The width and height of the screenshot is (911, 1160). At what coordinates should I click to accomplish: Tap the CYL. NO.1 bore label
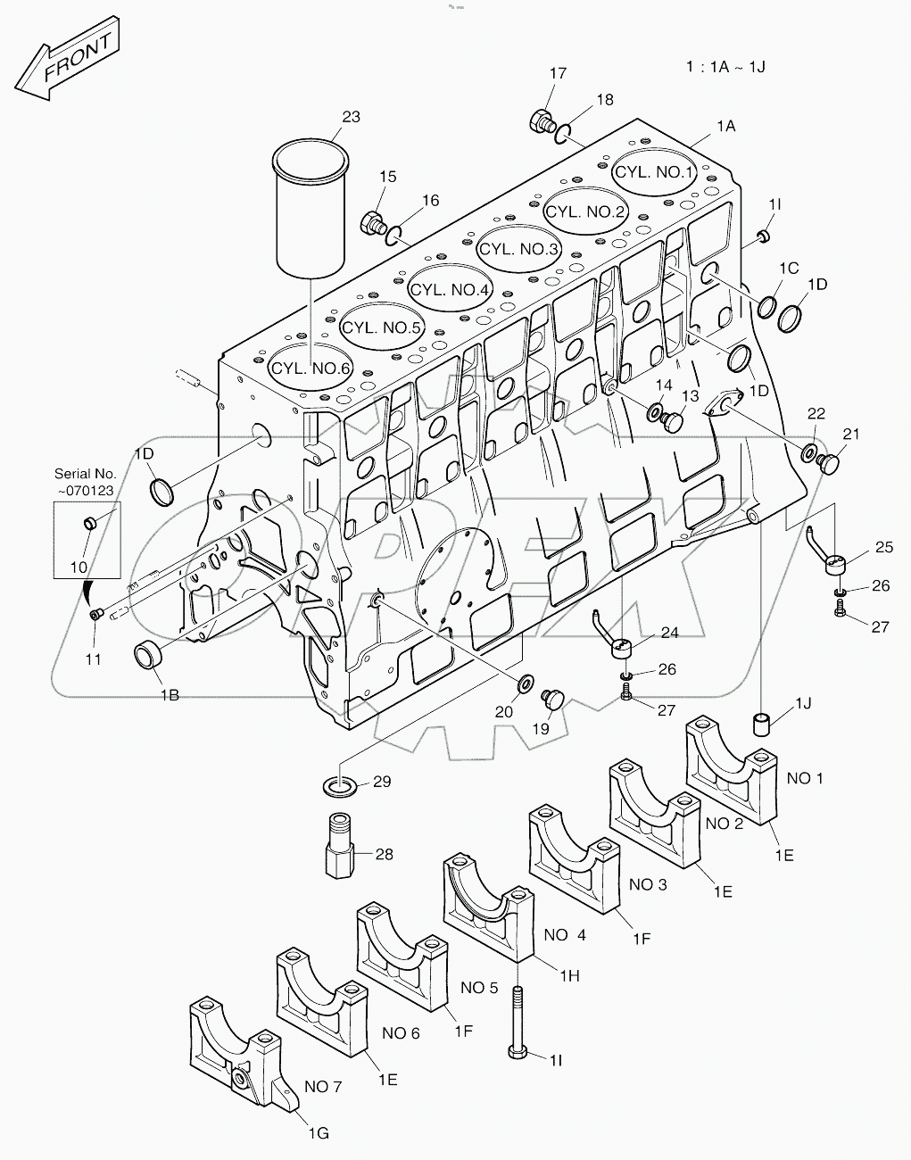(x=655, y=172)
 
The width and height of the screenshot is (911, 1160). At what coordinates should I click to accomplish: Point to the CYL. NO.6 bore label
(x=312, y=368)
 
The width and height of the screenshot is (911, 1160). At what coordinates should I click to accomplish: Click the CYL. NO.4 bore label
(x=450, y=289)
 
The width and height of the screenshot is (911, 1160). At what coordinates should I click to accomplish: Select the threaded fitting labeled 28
(x=339, y=844)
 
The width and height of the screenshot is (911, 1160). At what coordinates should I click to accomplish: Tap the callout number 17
(x=558, y=74)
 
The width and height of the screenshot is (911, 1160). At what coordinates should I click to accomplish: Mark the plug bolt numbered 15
(x=371, y=220)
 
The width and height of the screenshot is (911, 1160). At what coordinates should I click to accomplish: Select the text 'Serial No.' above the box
(x=86, y=474)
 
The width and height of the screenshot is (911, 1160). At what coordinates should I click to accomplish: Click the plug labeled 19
(x=553, y=700)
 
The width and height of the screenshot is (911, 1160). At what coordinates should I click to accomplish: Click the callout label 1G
(x=318, y=1133)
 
